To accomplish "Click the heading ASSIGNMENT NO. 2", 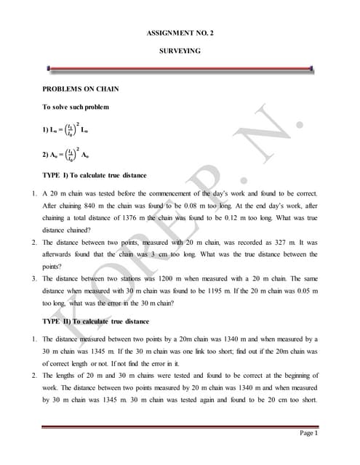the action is coord(180,34).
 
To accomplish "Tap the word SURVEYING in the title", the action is coord(180,52).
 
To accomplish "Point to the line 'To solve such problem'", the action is coord(76,107).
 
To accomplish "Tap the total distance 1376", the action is coord(124,218).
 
